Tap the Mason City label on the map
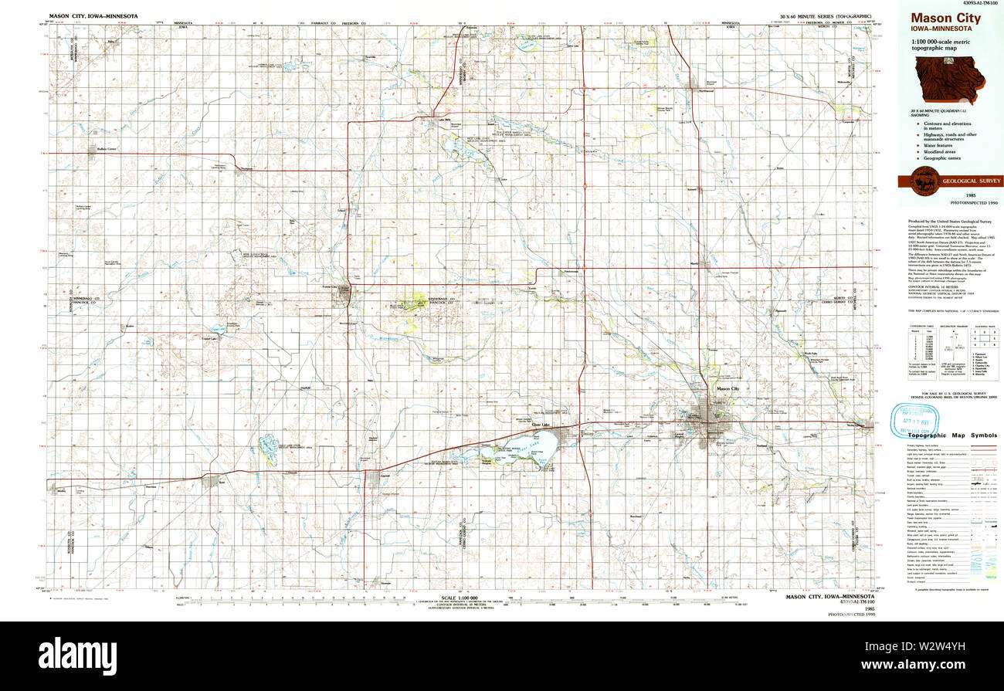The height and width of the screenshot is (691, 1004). [x=728, y=389]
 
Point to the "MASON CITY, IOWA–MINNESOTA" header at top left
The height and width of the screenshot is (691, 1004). [x=93, y=15]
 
